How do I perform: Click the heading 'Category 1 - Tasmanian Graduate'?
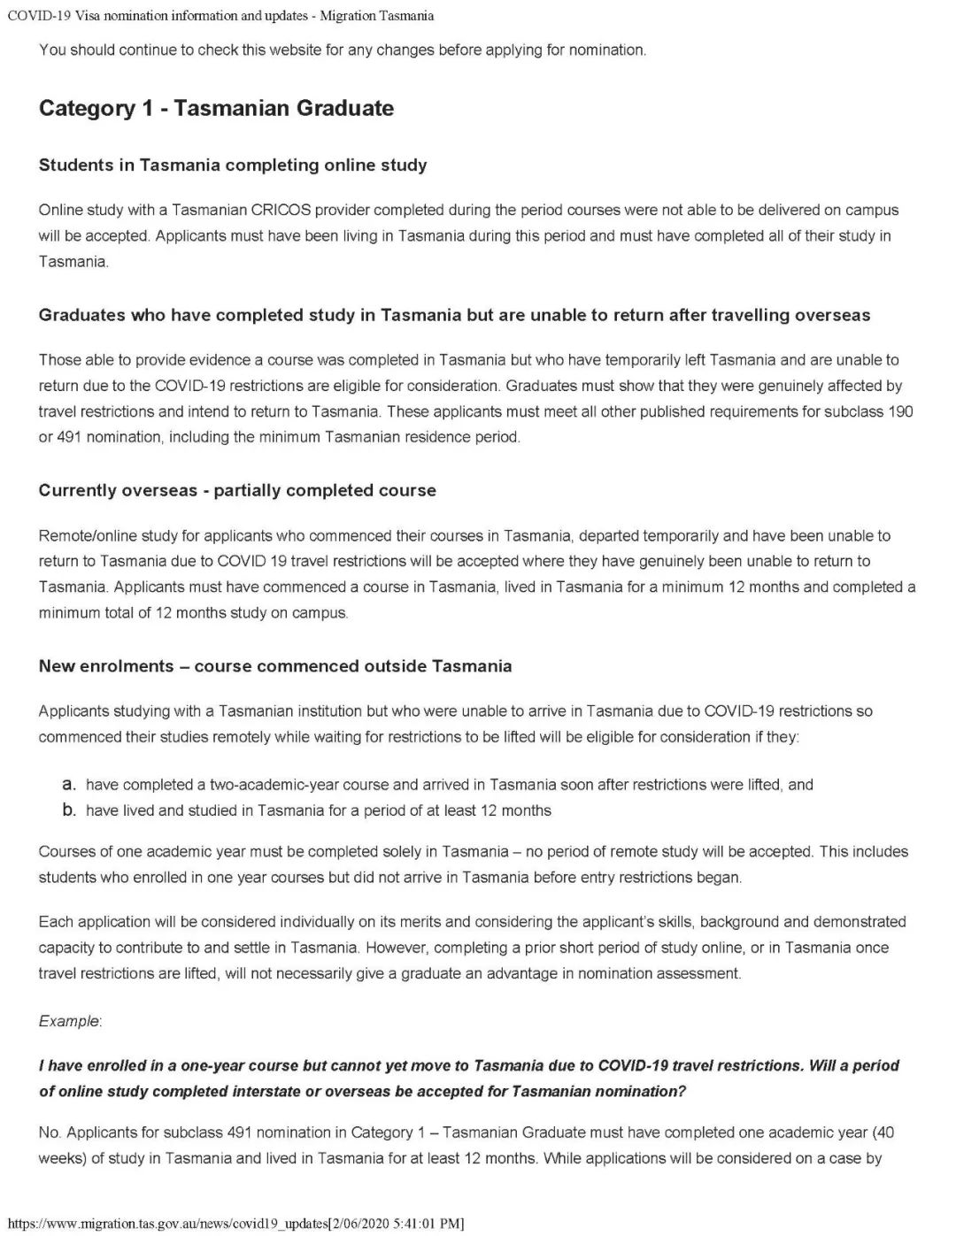(x=216, y=109)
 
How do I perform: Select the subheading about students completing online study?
(x=233, y=165)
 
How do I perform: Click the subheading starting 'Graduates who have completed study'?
(x=454, y=316)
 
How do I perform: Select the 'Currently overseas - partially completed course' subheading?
(x=237, y=491)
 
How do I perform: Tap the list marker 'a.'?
(x=68, y=785)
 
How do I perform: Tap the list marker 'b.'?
(x=68, y=810)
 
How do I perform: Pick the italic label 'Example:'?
(x=70, y=1022)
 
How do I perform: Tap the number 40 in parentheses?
(x=885, y=1133)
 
